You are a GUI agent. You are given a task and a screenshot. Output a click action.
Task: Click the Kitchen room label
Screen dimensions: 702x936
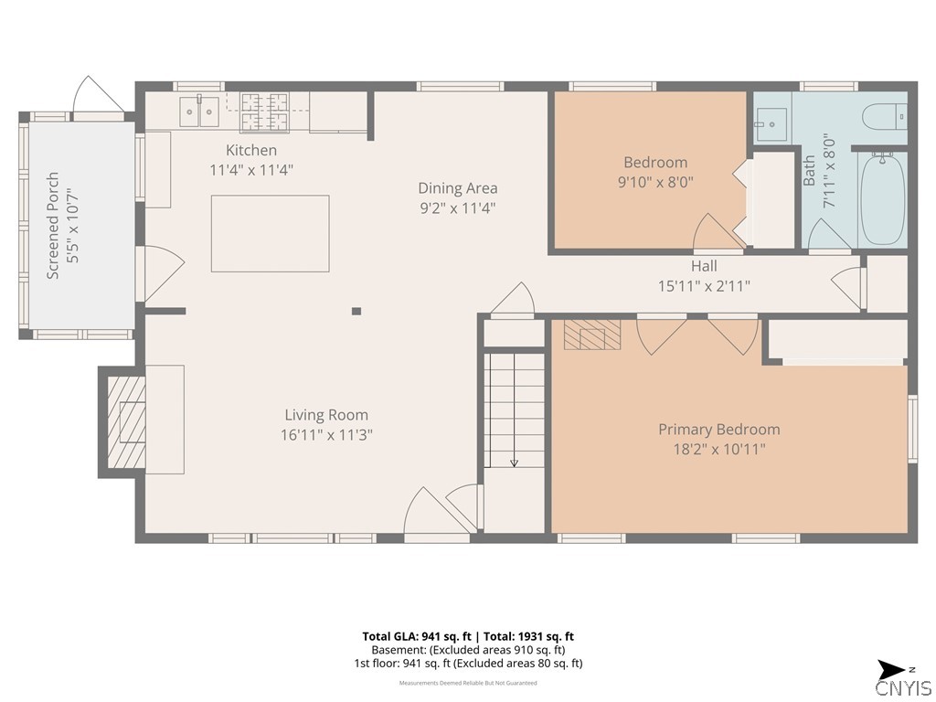click(x=251, y=150)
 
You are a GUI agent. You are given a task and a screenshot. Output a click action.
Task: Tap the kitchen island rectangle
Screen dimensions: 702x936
click(x=270, y=233)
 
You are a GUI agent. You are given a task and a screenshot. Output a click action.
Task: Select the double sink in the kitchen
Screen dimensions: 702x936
click(x=199, y=112)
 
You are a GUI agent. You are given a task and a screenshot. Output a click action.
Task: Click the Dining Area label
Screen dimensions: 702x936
click(x=458, y=188)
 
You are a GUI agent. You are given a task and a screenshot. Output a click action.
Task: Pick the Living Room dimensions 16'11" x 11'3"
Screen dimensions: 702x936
click(x=326, y=435)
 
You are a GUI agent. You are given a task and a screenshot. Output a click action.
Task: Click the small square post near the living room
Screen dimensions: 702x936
click(x=356, y=311)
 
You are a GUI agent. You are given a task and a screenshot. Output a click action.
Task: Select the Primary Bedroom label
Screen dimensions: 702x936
click(x=719, y=430)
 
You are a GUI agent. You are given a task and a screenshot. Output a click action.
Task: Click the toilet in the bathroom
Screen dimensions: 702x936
click(x=886, y=116)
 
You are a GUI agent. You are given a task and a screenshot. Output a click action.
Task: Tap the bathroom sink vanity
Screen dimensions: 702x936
click(x=771, y=121)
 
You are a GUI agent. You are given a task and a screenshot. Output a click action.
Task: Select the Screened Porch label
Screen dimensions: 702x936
click(x=53, y=225)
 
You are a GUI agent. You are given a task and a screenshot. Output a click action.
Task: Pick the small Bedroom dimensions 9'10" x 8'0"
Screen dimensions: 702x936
click(x=655, y=182)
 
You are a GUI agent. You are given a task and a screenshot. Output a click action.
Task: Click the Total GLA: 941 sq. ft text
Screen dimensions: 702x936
click(x=414, y=636)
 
